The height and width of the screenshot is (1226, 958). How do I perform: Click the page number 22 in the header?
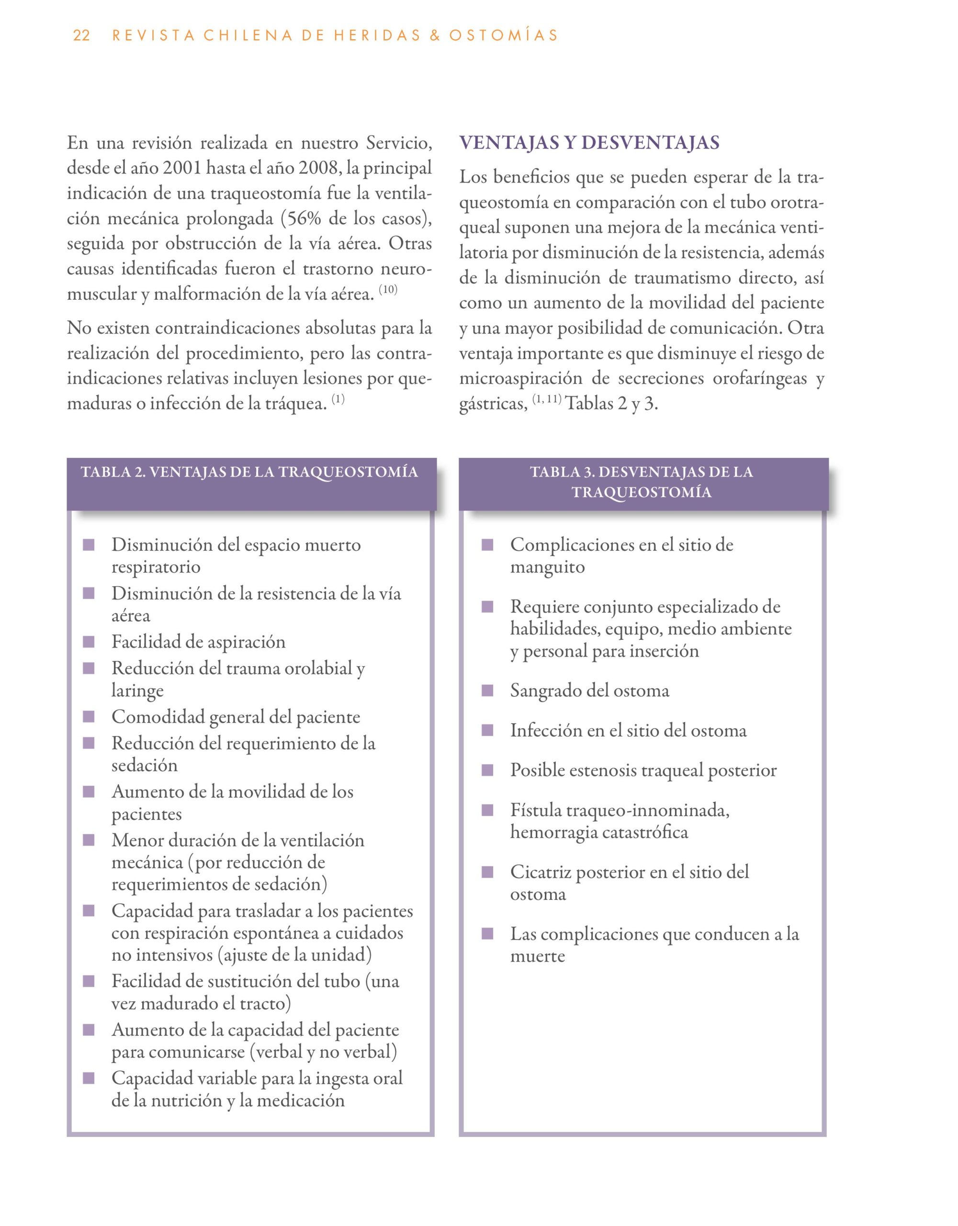click(x=81, y=35)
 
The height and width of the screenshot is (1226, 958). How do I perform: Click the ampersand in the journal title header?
click(x=434, y=35)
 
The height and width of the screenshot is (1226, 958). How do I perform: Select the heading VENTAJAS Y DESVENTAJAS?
click(x=589, y=143)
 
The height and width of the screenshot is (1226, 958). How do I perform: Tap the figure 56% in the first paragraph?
click(x=304, y=218)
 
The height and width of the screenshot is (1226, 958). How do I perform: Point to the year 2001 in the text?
click(x=182, y=168)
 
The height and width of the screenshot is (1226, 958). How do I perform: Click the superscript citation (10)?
click(x=388, y=290)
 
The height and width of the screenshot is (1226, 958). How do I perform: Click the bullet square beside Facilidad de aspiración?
click(x=89, y=642)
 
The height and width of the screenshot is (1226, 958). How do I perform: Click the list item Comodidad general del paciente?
click(x=236, y=717)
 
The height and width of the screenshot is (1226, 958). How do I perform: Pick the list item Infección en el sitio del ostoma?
click(x=628, y=730)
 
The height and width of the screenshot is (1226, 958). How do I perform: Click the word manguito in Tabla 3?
click(x=547, y=567)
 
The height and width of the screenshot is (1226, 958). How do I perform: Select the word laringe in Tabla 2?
click(x=137, y=691)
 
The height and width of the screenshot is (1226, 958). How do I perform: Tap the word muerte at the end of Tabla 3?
click(x=537, y=956)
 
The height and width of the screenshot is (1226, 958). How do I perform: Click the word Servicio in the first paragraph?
click(x=398, y=143)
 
